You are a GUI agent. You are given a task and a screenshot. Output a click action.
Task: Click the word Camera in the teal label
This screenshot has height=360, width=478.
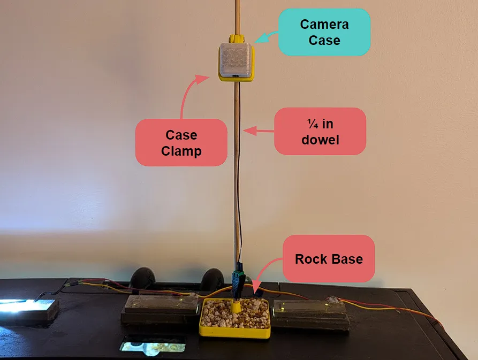(x=324, y=25)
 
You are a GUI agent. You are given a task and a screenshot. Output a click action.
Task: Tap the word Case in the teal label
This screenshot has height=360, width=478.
(x=324, y=40)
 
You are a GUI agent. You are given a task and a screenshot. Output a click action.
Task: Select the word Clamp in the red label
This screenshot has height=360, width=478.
(x=181, y=151)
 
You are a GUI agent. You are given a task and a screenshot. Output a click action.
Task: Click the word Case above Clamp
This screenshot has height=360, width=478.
(x=181, y=135)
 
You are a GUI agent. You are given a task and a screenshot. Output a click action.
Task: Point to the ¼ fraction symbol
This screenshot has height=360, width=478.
(x=313, y=124)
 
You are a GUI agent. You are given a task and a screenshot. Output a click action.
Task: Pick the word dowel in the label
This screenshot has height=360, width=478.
(x=321, y=140)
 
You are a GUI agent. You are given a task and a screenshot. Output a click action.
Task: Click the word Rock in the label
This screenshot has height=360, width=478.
(x=310, y=259)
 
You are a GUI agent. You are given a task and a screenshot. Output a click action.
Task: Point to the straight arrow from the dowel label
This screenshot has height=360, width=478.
(x=259, y=131)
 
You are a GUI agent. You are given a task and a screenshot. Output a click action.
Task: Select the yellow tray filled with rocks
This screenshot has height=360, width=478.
(x=235, y=318)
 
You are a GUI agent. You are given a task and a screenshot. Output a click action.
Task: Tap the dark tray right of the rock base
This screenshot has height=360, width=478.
(x=311, y=315)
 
